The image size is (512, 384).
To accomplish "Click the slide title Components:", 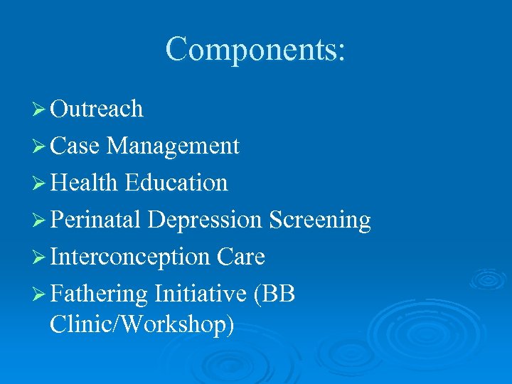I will [x=255, y=50].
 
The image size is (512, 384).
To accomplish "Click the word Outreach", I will [x=97, y=109].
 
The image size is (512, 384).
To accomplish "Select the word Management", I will [x=173, y=146].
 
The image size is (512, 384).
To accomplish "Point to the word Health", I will [x=84, y=183].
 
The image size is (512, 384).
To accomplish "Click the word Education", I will [x=176, y=183].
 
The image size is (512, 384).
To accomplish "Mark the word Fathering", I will [x=99, y=294].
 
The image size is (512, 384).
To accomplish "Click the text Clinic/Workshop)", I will [x=142, y=325].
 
